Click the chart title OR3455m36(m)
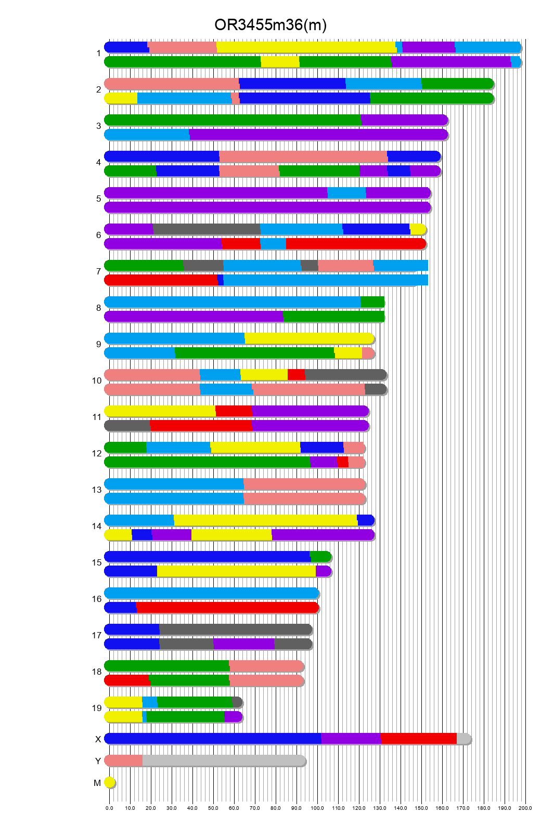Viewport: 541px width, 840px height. pos(270,24)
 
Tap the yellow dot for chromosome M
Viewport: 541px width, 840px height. pos(109,782)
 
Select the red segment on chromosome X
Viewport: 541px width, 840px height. pos(418,739)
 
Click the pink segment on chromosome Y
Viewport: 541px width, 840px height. pos(124,760)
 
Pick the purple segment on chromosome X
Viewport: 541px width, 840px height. pos(351,739)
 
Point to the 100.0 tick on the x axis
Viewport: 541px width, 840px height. pos(317,808)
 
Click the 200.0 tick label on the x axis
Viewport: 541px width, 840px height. pos(525,808)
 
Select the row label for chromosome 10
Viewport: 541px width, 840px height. pos(97,380)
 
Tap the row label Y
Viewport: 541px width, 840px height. pos(98,761)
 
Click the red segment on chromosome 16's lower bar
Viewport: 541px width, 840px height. pos(227,608)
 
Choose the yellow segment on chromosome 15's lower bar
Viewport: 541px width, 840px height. pos(236,571)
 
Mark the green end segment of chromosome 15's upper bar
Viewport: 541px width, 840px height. pos(320,557)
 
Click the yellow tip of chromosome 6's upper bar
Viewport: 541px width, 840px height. pos(418,229)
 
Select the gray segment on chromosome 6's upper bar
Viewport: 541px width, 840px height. pos(207,229)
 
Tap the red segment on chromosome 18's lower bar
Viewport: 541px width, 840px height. pos(127,680)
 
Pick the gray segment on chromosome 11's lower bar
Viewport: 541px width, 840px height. pos(127,426)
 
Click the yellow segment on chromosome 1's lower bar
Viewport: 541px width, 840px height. pos(280,62)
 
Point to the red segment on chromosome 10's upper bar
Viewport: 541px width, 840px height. pos(296,375)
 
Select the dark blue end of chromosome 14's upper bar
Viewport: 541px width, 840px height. pos(365,520)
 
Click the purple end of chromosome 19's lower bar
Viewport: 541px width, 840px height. pos(233,717)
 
